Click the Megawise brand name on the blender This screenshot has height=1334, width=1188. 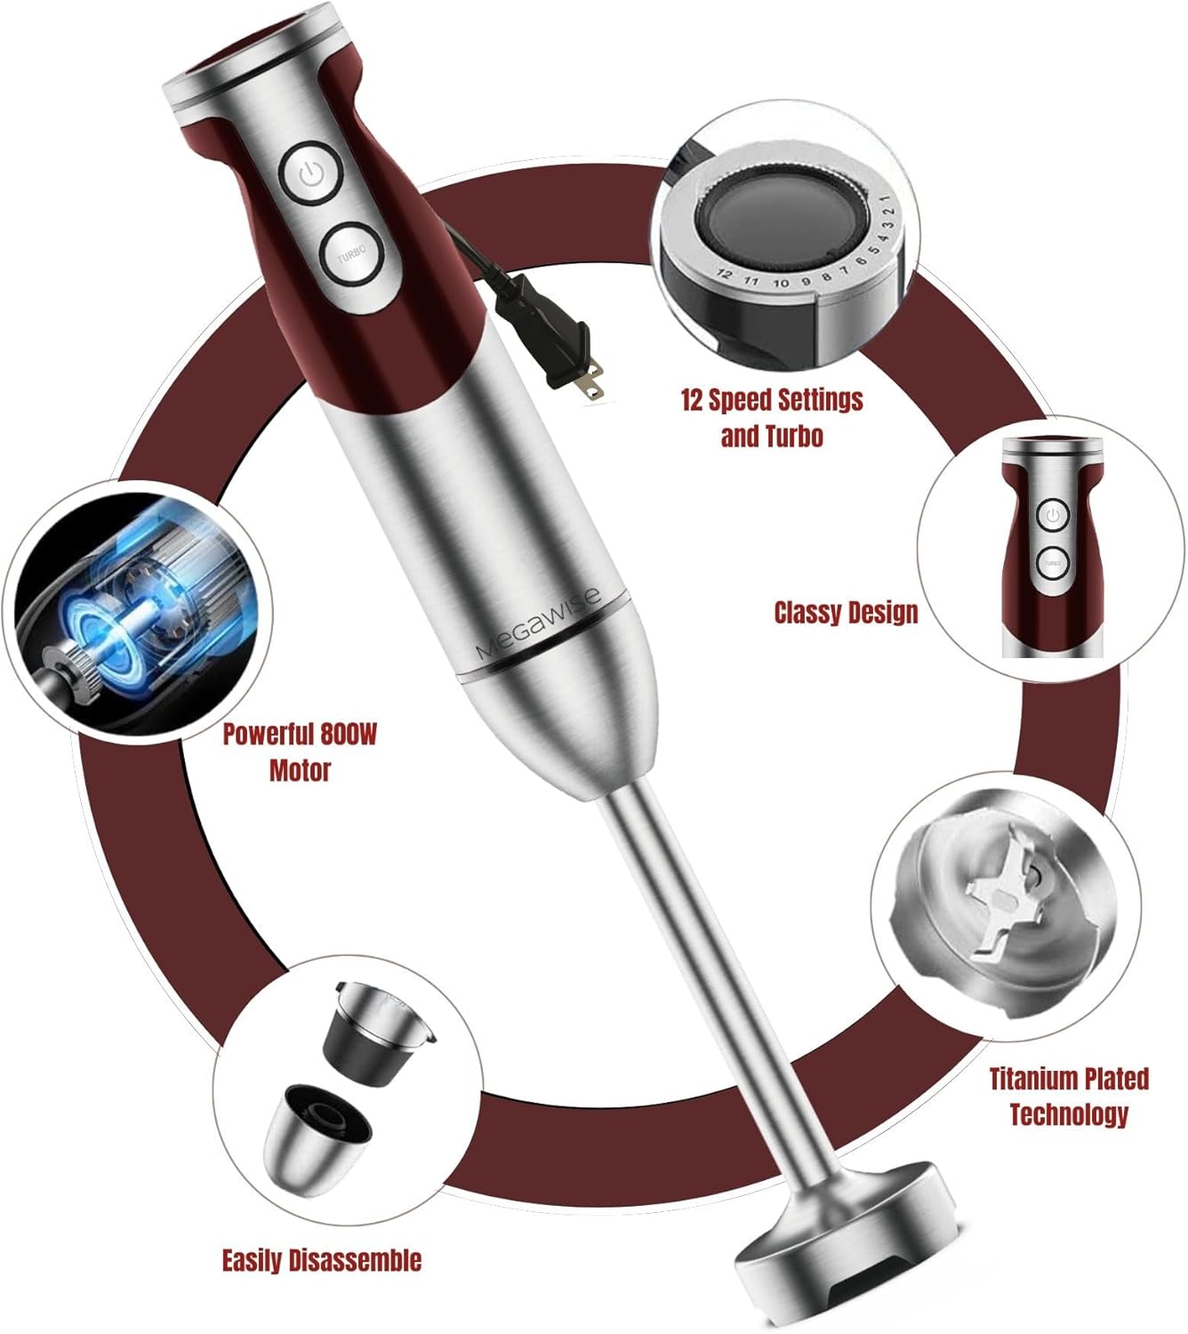point(538,623)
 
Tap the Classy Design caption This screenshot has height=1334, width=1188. point(845,612)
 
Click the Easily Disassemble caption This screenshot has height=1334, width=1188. point(321,1260)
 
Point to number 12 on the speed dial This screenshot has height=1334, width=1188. point(724,275)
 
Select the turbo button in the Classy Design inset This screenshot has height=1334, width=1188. point(1052,563)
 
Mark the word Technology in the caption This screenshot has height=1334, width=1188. point(1068,1113)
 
